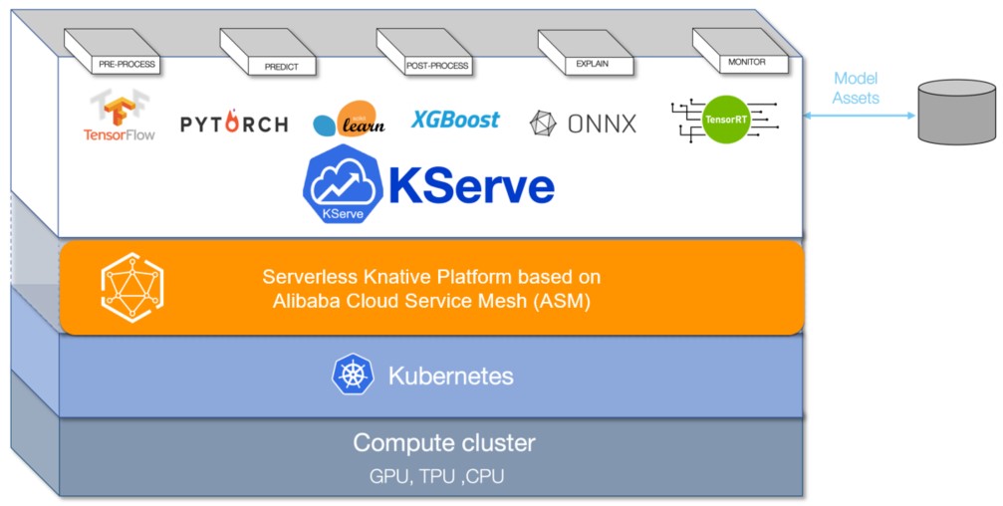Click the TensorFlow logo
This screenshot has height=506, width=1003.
coord(119,116)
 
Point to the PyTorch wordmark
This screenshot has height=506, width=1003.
coord(234,124)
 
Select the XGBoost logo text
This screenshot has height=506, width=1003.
coord(455,121)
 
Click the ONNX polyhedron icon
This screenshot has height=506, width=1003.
coord(544,124)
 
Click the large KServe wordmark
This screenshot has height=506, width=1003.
coord(470,186)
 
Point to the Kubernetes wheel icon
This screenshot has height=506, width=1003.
coord(352,376)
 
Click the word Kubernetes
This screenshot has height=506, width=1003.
coord(450,376)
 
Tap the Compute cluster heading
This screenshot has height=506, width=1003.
coord(443,442)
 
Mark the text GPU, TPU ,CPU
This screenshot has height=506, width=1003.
coord(436,476)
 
